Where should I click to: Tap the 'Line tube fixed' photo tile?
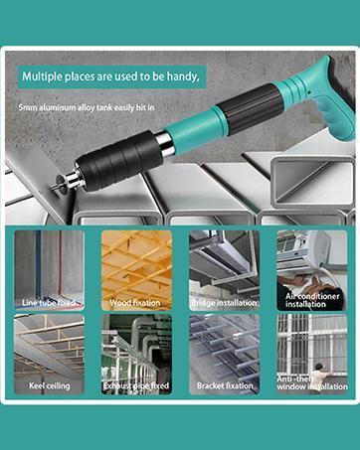[49, 268]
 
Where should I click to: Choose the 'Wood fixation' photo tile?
[136, 268]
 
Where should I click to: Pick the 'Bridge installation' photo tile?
[224, 268]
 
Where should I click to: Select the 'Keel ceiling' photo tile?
[49, 354]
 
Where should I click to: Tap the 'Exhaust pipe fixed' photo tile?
[136, 354]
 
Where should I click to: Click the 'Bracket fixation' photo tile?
[224, 354]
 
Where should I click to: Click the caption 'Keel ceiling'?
[50, 385]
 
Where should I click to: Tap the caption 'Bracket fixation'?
[224, 385]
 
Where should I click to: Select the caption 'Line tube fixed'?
[50, 300]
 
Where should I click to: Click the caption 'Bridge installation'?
[224, 300]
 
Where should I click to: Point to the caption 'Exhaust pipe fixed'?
[136, 385]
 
